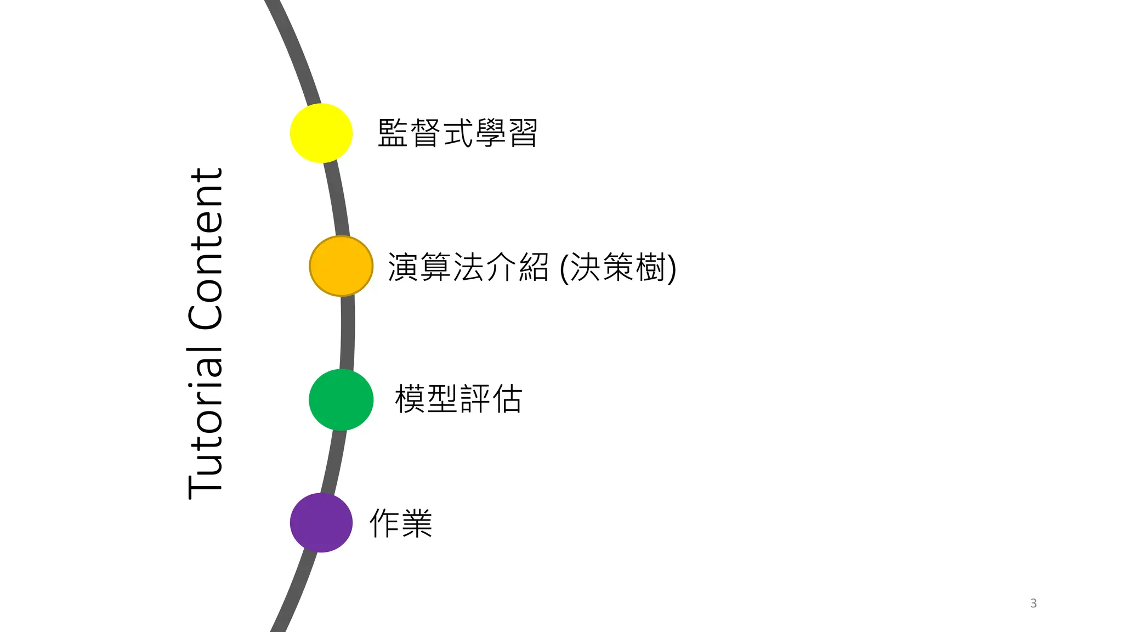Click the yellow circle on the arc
tap(321, 133)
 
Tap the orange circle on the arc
tap(341, 266)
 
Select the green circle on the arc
tap(341, 399)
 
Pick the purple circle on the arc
tap(321, 522)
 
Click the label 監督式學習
tap(457, 133)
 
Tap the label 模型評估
tap(458, 399)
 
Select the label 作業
tap(401, 523)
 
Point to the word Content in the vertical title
tap(206, 249)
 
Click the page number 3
tap(1033, 603)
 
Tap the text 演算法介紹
tap(468, 267)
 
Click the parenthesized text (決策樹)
tap(618, 268)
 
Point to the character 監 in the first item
tap(393, 133)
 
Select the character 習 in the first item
tap(523, 133)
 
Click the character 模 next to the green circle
tap(410, 399)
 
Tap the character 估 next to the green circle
tap(507, 399)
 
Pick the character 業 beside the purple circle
tap(417, 523)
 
